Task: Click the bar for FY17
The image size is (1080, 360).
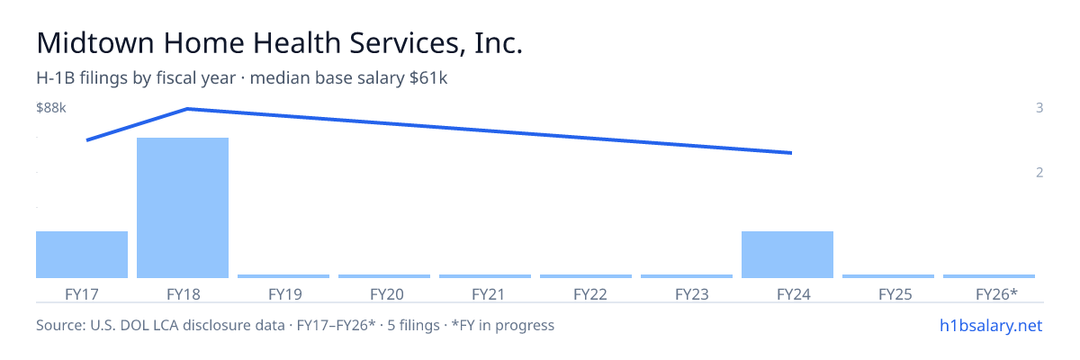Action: click(82, 255)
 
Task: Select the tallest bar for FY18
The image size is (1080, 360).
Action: click(183, 208)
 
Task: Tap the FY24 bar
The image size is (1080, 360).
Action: click(787, 255)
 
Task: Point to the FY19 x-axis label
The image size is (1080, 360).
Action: click(285, 294)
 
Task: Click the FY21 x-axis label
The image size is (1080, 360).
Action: click(488, 294)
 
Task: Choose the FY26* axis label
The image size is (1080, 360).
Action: click(996, 294)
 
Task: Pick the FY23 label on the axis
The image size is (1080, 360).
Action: click(692, 294)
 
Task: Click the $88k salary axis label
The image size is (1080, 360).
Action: click(51, 108)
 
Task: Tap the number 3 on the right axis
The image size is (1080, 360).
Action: click(1039, 108)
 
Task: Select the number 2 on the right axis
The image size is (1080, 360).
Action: click(1039, 173)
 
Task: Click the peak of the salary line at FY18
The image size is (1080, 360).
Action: click(187, 109)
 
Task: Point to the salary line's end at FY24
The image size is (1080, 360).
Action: click(791, 153)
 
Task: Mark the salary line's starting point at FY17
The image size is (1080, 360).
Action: click(87, 140)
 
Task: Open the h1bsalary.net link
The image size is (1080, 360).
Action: click(991, 326)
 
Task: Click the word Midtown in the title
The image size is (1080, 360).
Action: click(95, 43)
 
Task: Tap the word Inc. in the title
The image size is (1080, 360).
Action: click(499, 43)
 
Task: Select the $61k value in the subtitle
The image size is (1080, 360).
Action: click(428, 78)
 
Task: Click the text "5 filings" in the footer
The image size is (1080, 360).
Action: click(414, 326)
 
